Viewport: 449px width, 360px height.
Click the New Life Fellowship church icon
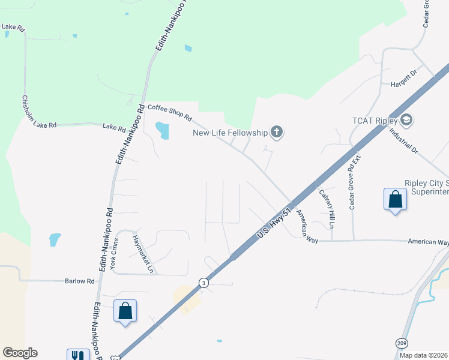[x=276, y=132]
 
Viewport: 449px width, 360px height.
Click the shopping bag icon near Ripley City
[x=395, y=200]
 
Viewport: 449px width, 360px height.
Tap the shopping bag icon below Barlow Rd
[x=125, y=311]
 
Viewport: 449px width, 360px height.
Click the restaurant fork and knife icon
[x=78, y=354]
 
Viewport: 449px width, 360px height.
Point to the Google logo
[x=20, y=353]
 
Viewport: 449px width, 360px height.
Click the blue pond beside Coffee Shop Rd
[x=162, y=130]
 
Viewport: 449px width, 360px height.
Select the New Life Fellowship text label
[x=230, y=133]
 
